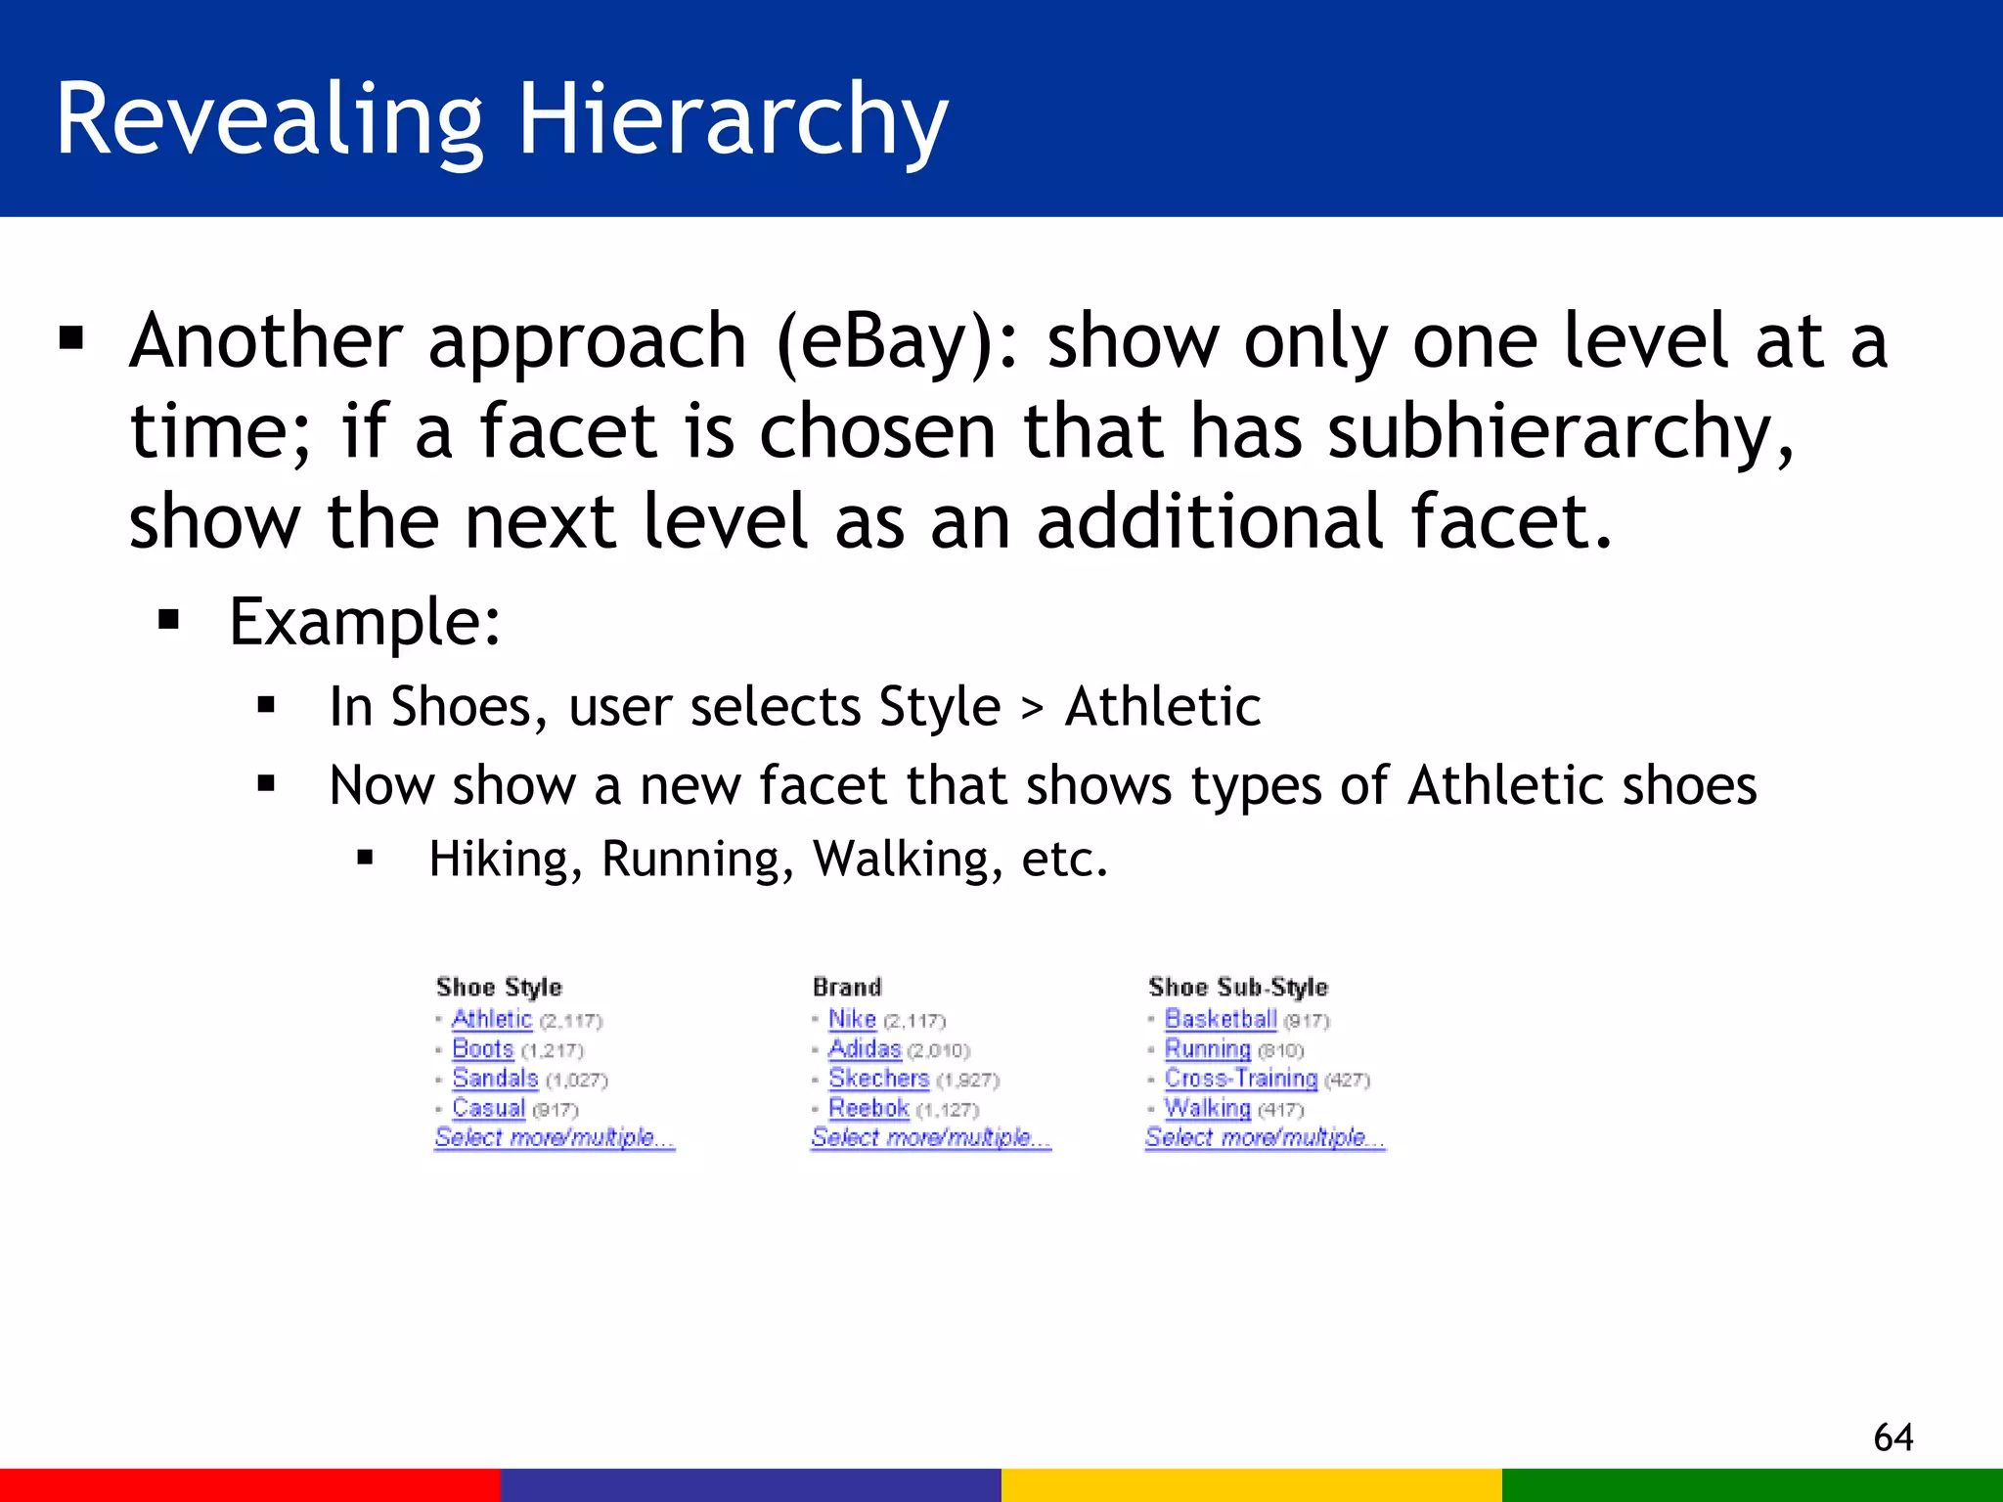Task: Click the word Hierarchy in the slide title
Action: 733,119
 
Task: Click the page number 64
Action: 1892,1437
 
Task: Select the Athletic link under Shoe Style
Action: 491,1019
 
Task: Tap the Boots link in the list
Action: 482,1049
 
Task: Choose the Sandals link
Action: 495,1079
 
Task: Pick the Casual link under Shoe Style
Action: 488,1108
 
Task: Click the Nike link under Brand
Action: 852,1019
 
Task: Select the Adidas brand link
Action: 865,1049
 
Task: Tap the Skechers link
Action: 878,1079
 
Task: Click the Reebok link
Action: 868,1108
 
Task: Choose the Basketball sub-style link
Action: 1221,1019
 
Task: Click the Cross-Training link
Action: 1240,1079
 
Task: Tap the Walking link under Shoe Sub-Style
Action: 1207,1108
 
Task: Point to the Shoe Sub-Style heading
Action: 1238,987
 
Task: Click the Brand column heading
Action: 847,987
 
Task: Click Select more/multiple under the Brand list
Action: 930,1137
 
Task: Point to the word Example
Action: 364,622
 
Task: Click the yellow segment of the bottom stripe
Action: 1251,1484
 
